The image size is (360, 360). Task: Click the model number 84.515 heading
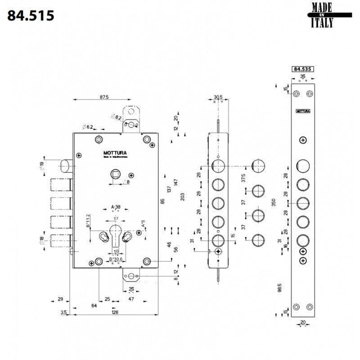31,15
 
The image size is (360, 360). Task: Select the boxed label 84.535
302,69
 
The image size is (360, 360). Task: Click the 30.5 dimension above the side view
218,97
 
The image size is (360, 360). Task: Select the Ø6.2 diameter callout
87,127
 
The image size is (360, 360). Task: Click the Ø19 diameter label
42,166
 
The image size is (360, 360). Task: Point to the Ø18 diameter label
42,242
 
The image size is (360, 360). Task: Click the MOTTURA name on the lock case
115,153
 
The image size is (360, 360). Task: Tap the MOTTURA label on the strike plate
303,111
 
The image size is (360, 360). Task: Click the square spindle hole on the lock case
115,174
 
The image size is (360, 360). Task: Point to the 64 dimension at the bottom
94,306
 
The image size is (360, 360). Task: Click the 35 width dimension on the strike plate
302,77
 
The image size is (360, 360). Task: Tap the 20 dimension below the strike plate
302,322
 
